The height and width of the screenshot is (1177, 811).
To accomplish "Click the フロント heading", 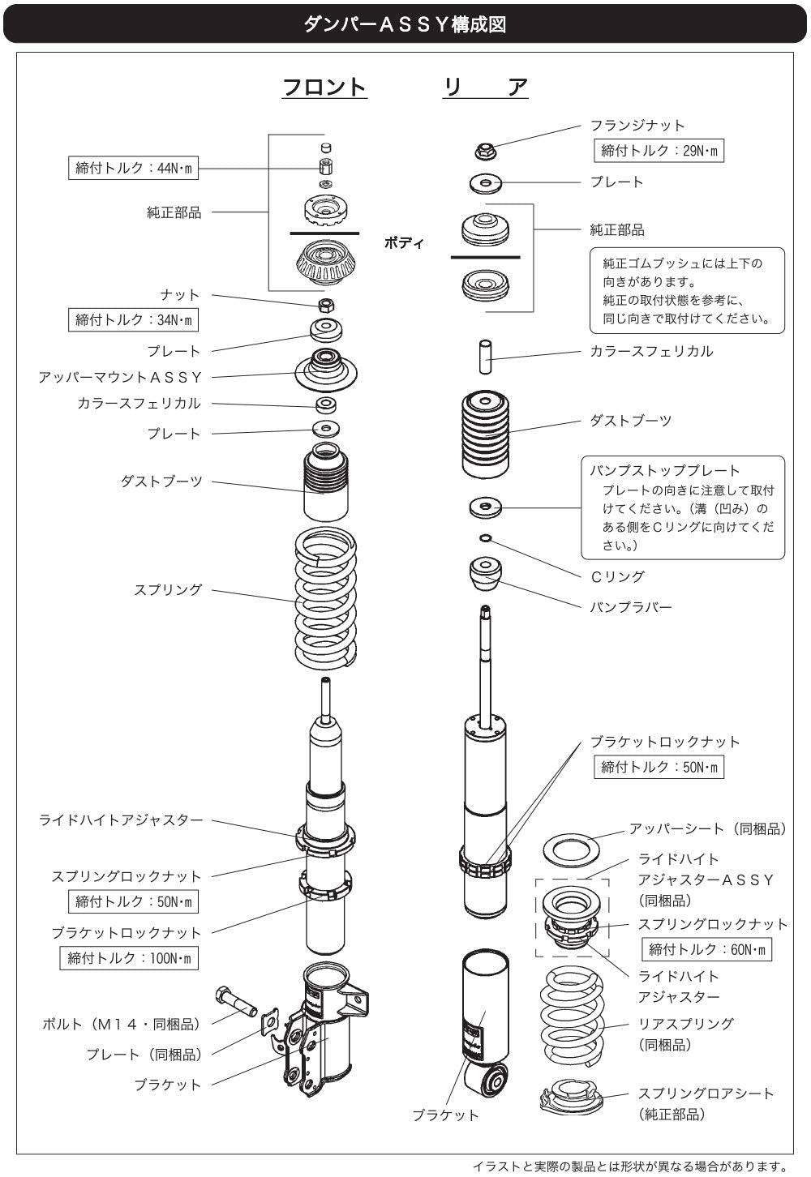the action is pos(324,87).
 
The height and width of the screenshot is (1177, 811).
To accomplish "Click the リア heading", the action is pos(485,87).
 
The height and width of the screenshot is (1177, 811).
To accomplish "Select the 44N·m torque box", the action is pos(133,168).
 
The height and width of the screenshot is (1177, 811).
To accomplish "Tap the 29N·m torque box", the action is pos(659,151).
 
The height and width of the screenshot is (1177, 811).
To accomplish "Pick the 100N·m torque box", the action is pos(129,958).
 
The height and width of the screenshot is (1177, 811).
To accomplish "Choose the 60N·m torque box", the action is pos(706,949).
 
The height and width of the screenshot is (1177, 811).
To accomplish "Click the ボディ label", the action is pos(404,242).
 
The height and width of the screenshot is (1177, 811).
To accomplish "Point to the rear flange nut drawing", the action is pos(486,152).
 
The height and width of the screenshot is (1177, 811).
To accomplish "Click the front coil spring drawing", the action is pos(326,597).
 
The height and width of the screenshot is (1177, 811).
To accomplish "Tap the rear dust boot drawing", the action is pos(485,434).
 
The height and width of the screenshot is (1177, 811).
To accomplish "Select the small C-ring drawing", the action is pos(486,537).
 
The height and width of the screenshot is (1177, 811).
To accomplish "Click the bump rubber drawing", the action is pos(485,573).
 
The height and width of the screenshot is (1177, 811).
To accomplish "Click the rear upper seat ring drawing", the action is pos(571,852).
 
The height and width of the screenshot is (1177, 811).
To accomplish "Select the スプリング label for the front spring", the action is pos(168,589).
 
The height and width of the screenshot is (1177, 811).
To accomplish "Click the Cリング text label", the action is pos(618,576).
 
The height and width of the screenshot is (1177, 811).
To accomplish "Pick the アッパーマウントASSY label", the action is pos(120,377).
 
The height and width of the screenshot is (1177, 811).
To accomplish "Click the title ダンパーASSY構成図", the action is pos(405,24).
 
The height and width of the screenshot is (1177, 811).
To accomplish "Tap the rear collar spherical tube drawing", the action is pos(485,357).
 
